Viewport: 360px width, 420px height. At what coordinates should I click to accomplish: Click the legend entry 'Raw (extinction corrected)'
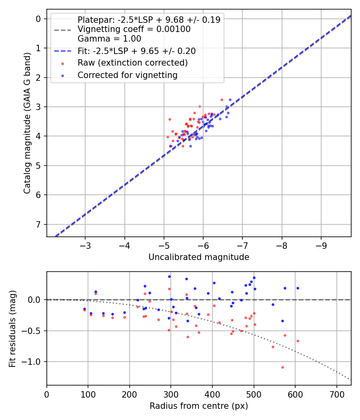132,63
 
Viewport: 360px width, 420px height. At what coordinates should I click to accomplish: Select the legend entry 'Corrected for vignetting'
127,75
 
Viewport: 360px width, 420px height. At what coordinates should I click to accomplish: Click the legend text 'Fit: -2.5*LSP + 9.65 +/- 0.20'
136,51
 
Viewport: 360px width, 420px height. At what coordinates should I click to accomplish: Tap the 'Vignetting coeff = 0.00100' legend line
134,29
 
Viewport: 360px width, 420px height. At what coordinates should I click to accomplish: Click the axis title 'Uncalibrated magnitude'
199,257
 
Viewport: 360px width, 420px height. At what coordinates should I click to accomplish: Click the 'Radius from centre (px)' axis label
199,406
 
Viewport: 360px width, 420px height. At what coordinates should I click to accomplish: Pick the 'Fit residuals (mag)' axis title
12,328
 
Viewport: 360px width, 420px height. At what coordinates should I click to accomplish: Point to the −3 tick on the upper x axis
85,245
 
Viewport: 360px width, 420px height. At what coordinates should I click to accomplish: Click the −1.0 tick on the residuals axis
34,362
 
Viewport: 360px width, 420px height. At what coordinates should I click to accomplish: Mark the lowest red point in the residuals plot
282,367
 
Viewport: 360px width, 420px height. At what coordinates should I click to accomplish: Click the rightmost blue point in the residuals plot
298,288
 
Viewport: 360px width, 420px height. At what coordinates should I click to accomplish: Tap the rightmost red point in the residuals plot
298,341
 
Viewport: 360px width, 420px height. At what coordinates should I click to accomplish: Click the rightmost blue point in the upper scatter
230,100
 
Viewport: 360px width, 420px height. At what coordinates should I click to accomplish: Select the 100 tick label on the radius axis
88,394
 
